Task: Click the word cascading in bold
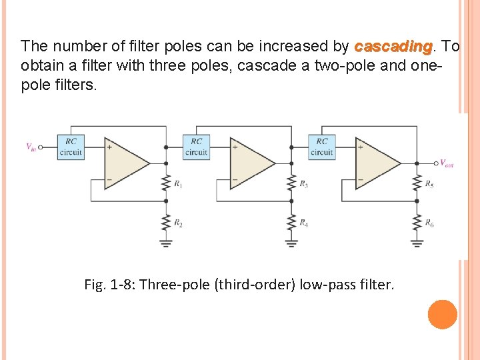point(393,47)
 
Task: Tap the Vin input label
point(31,147)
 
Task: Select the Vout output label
point(446,163)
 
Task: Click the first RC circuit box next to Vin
point(71,147)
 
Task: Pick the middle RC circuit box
point(196,147)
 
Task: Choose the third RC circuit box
point(321,147)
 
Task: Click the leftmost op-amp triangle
point(124,162)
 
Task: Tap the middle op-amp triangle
point(249,162)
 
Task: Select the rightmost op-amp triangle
point(375,162)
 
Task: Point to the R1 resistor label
point(178,183)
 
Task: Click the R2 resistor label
point(178,223)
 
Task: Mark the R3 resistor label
point(303,183)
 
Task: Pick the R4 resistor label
point(303,223)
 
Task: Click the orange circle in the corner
point(443,315)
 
